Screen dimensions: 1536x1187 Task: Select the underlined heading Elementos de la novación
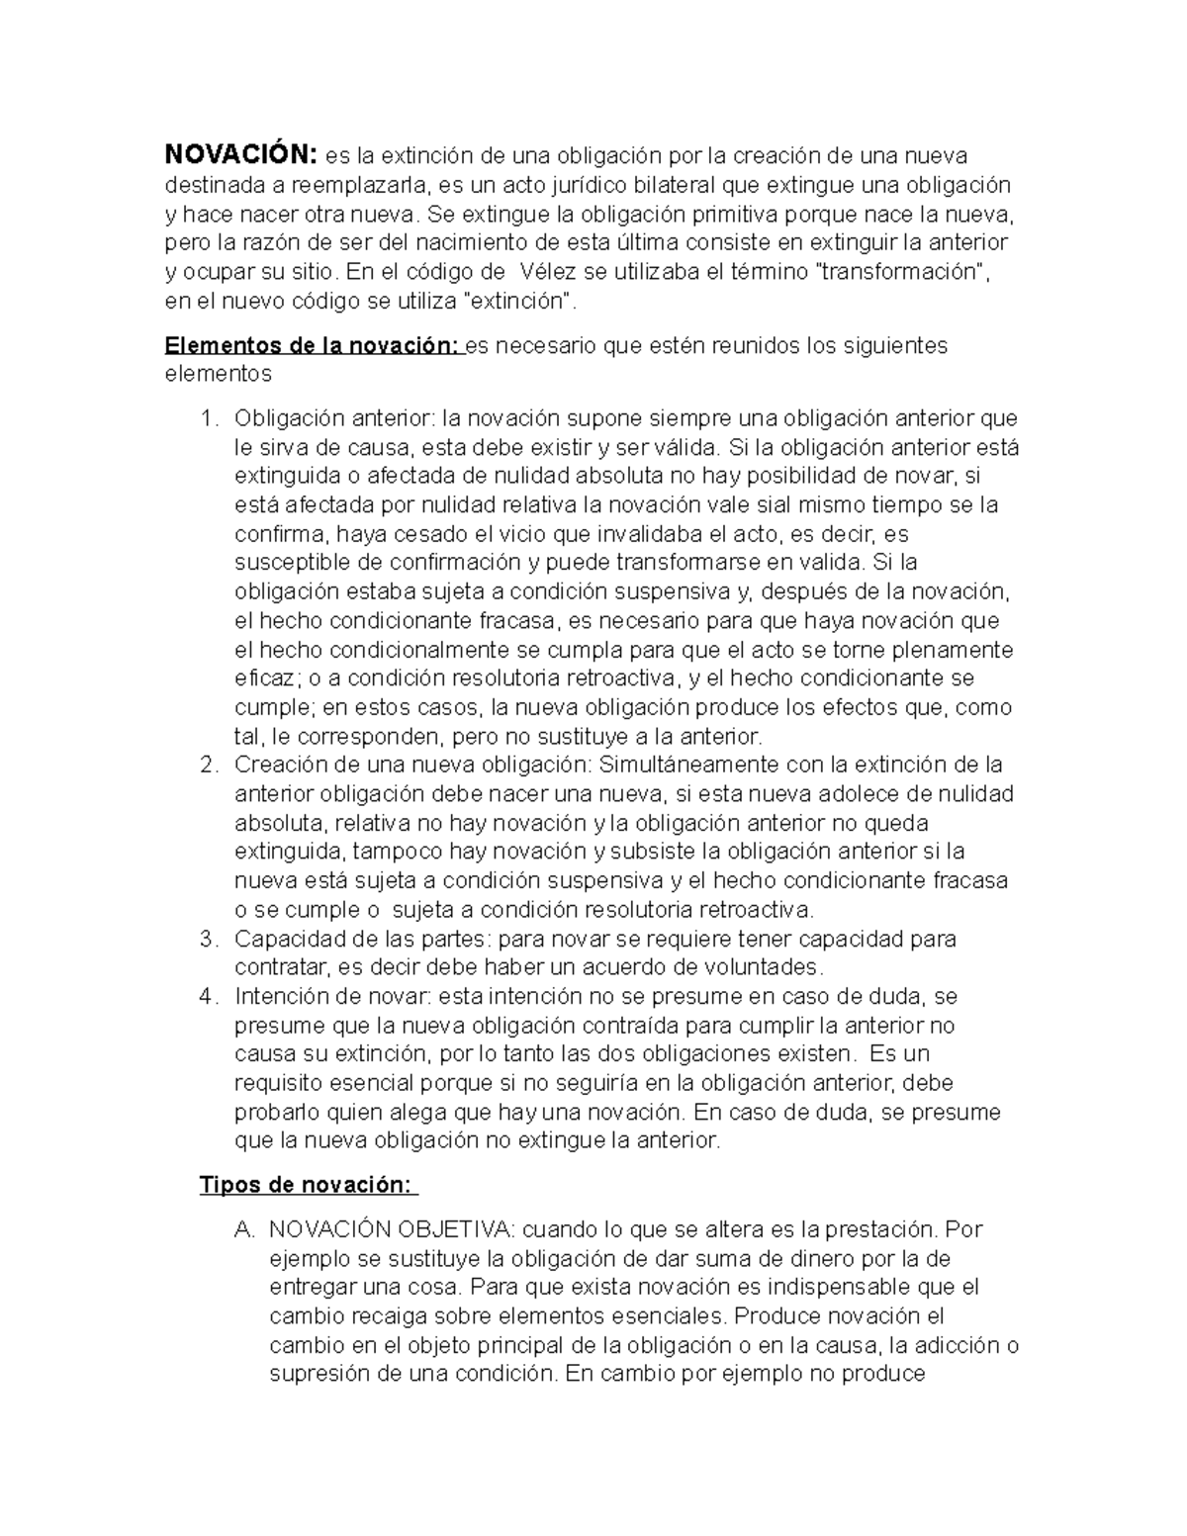coord(313,345)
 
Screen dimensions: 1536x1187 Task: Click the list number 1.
coord(206,418)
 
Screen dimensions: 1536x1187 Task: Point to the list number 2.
coord(206,765)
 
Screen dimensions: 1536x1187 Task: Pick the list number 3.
coord(206,938)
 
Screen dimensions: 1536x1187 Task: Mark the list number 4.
coord(206,996)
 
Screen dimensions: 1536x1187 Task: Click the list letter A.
coord(242,1229)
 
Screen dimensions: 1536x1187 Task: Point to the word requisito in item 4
coord(279,1082)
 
